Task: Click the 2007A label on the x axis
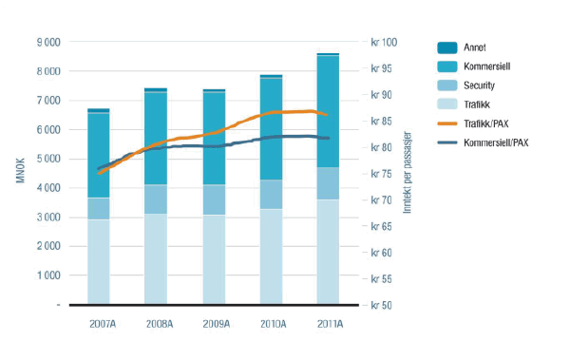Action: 98,324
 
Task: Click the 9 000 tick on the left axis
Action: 47,42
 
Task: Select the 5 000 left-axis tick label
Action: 47,159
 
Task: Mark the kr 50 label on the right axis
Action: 384,305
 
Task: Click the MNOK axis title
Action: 20,174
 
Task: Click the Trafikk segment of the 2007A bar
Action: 98,261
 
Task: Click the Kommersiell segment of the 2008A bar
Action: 156,139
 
